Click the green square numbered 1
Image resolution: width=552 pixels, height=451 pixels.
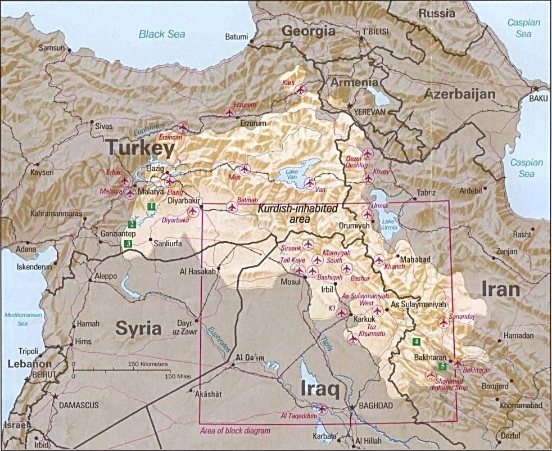[151, 207]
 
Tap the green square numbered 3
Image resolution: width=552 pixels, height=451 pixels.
[128, 244]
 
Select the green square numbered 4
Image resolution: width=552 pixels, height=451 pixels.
[416, 341]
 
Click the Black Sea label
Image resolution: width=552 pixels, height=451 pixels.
[162, 34]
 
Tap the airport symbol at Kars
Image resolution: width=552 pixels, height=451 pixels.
[300, 90]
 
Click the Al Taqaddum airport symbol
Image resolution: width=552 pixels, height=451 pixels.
[322, 409]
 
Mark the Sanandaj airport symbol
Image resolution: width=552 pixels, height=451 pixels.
[444, 323]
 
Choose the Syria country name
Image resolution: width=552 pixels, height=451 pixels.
[138, 328]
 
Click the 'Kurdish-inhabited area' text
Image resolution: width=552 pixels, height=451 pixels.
[305, 213]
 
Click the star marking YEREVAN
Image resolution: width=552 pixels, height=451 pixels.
[350, 106]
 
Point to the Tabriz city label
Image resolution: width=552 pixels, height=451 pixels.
[426, 193]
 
